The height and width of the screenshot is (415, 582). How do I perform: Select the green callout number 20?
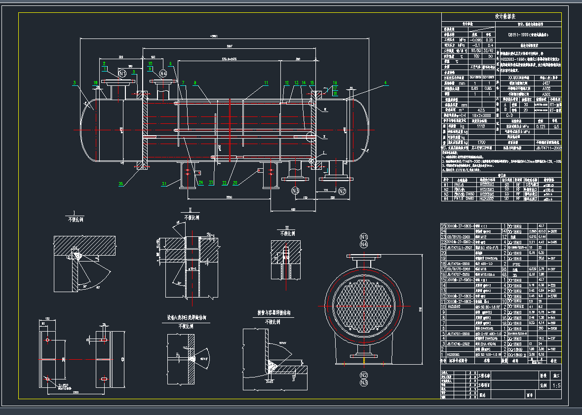point(235,183)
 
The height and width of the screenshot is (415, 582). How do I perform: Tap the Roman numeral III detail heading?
point(287,226)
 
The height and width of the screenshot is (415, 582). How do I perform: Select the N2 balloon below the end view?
point(364,375)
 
